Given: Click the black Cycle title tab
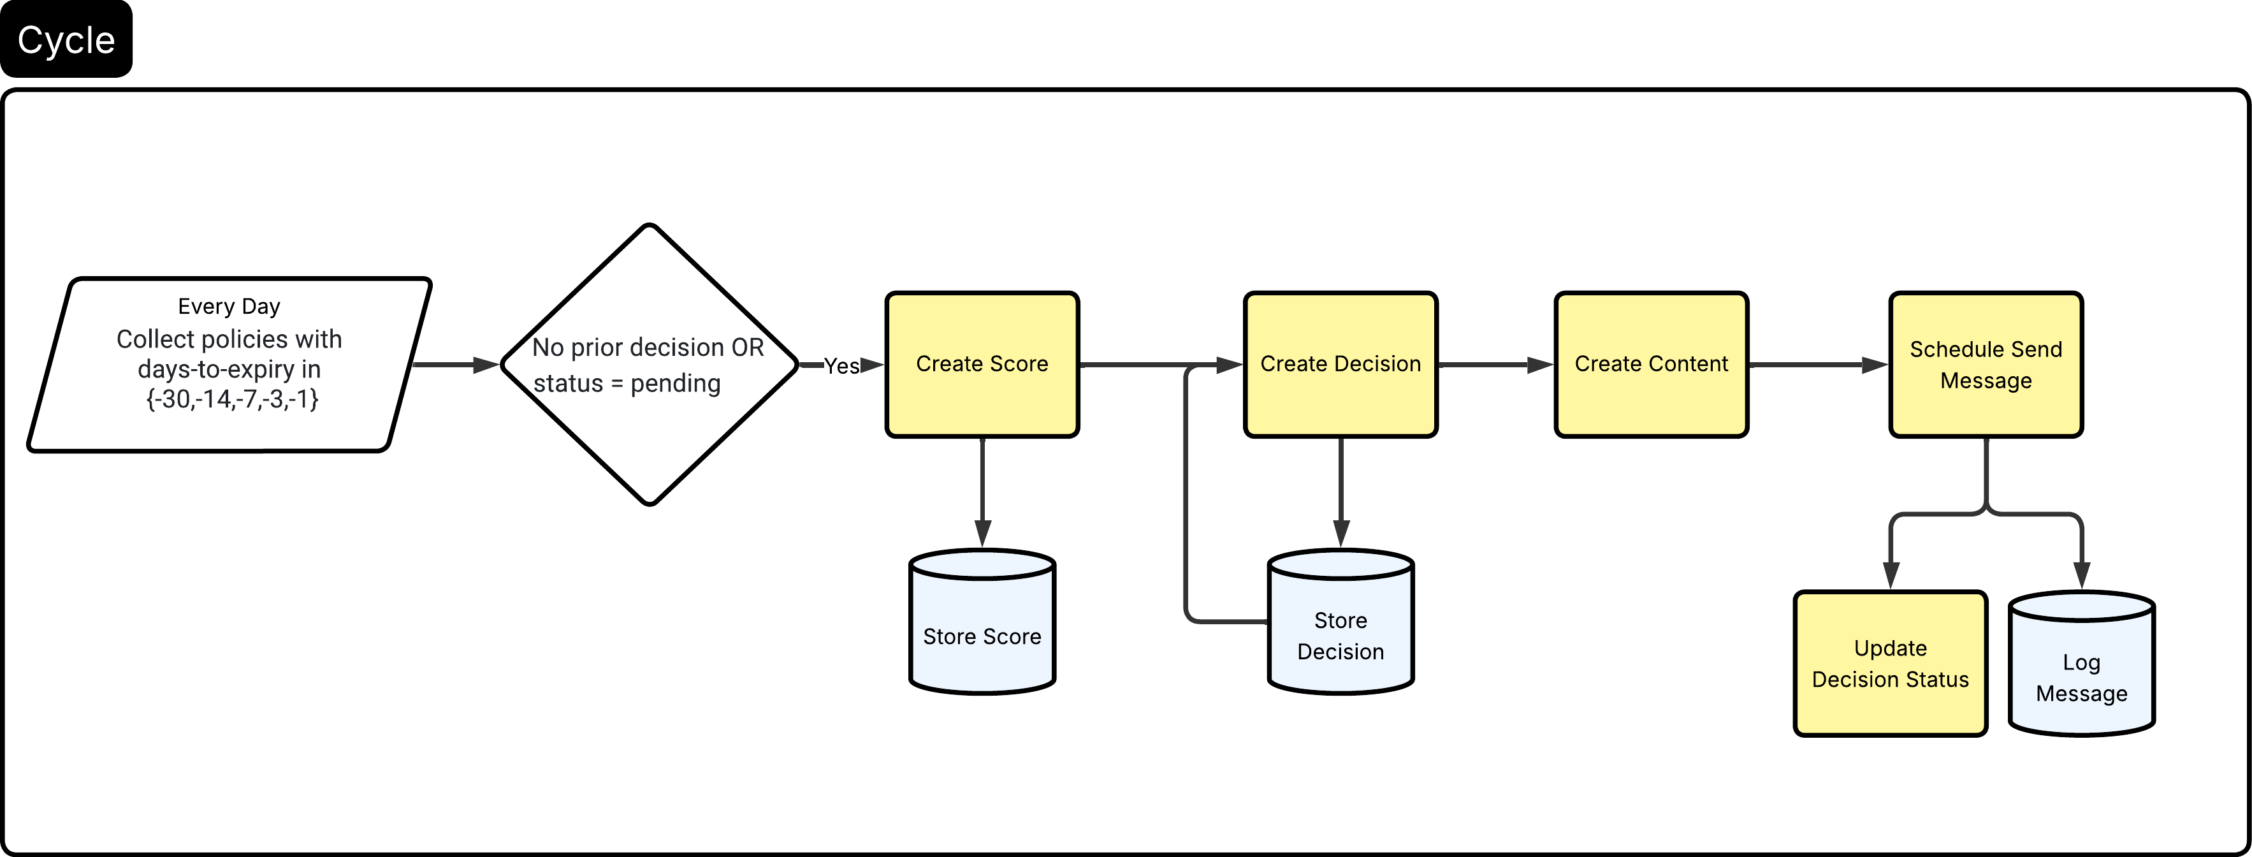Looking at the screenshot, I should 66,40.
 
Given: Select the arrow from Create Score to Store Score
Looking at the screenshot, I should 983,490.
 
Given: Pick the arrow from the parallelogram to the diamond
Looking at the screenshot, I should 454,365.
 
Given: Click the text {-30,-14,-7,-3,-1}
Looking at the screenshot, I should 231,399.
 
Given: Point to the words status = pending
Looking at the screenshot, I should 627,383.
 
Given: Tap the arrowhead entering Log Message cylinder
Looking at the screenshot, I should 2082,575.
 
